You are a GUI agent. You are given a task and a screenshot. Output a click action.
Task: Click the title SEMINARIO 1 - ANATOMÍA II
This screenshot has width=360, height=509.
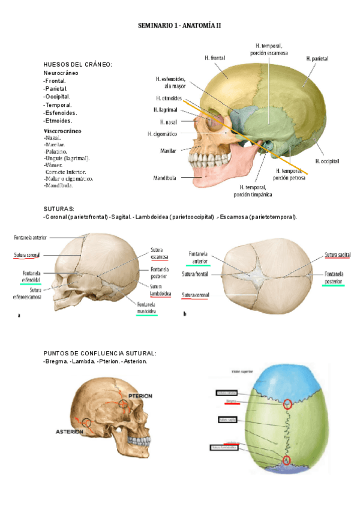click(x=180, y=26)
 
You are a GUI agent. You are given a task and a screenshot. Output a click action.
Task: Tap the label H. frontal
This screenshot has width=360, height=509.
click(x=214, y=58)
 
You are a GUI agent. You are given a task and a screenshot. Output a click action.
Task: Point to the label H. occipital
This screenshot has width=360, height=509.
click(x=327, y=161)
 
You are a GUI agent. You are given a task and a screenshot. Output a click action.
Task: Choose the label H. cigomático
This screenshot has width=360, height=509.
click(x=162, y=134)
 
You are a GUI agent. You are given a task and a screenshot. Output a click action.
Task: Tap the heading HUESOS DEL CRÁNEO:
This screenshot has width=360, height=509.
click(x=78, y=64)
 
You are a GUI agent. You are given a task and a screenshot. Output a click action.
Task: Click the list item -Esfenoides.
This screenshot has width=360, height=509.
click(x=60, y=112)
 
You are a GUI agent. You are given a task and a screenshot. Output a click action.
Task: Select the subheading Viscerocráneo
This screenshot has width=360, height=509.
click(x=62, y=130)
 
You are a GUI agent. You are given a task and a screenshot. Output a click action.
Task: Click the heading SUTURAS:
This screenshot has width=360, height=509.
click(x=59, y=208)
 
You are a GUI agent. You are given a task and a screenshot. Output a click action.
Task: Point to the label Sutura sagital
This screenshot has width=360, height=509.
click(x=337, y=255)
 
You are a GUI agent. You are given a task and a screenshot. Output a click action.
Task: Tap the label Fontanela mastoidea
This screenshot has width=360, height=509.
click(x=146, y=308)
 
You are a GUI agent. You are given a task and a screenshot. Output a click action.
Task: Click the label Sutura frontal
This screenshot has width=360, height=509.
click(x=194, y=275)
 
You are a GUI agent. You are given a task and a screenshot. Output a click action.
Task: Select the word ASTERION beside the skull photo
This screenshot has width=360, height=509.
click(x=69, y=432)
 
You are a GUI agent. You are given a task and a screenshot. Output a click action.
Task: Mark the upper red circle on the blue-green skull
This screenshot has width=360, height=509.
click(x=288, y=405)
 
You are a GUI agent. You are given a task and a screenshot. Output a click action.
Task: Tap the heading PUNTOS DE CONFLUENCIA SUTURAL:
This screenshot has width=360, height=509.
click(x=100, y=353)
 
